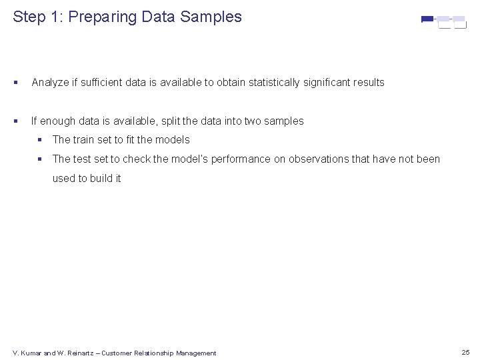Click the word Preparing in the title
pyautogui.click(x=105, y=17)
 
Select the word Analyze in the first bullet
pyautogui.click(x=50, y=83)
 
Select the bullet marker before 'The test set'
pyautogui.click(x=41, y=159)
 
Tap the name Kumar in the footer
pyautogui.click(x=31, y=353)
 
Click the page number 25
pyautogui.click(x=465, y=352)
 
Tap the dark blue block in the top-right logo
pyautogui.click(x=427, y=19)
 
